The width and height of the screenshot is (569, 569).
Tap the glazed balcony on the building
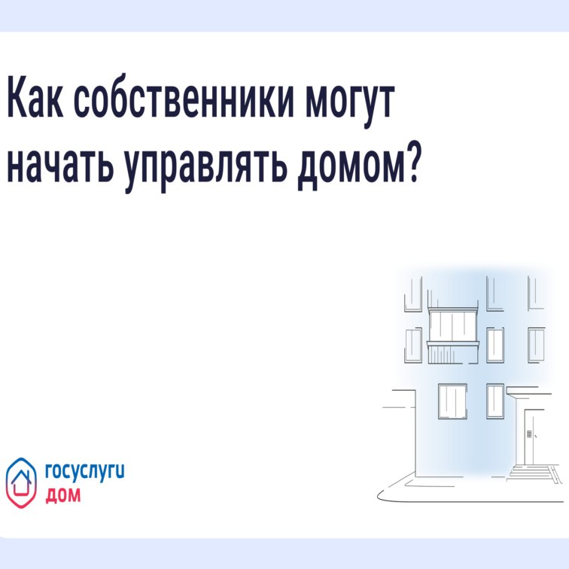pyautogui.click(x=453, y=326)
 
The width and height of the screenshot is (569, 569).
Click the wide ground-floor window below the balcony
pyautogui.click(x=452, y=400)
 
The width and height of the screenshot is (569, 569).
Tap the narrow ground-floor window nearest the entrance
pyautogui.click(x=494, y=400)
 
